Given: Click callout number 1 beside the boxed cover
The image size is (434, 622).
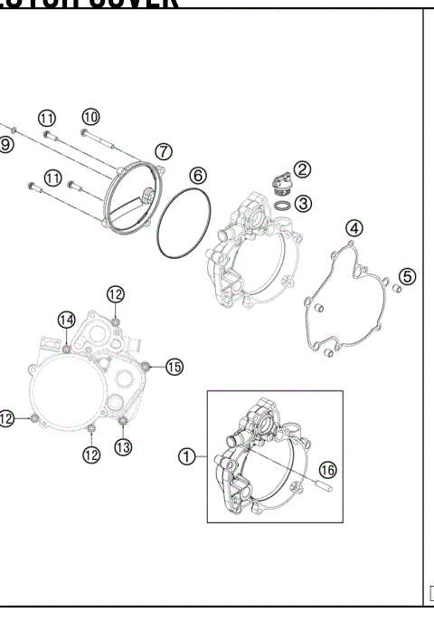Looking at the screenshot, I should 186,457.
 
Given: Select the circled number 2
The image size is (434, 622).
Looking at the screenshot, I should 302,169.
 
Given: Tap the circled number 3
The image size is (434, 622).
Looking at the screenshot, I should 304,204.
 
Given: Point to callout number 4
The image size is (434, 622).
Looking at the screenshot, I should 355,229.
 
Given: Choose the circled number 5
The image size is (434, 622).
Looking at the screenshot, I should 407,276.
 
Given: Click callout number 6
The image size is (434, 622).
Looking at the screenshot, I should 197,176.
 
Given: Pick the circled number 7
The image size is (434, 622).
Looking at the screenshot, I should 163,150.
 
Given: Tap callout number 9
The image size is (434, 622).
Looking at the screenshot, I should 6,144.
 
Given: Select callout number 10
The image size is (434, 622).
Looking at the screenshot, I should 90,116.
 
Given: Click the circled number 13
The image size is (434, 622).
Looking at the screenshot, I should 123,445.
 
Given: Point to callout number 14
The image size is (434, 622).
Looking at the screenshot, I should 66,320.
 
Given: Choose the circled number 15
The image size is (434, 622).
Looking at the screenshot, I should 173,367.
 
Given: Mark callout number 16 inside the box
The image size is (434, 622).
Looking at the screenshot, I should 326,470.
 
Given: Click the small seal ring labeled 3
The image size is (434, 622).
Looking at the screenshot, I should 281,208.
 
